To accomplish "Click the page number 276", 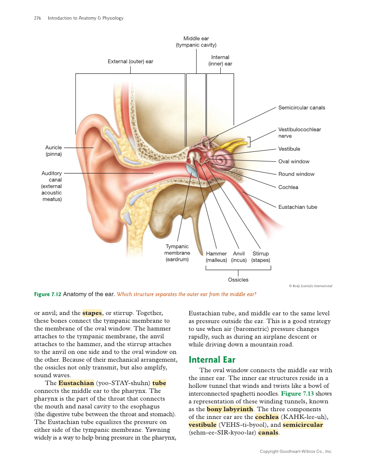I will (38, 18).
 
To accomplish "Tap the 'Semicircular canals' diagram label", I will (301, 107).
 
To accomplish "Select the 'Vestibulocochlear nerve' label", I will (299, 132).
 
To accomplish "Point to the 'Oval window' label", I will (294, 161).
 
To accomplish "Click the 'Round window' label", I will (296, 174).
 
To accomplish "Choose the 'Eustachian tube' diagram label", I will (297, 207).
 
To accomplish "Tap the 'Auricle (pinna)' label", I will (54, 151).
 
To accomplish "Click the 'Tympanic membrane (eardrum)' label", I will (177, 253).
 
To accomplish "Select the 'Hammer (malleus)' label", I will (216, 257).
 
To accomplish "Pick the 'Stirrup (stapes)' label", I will (260, 257).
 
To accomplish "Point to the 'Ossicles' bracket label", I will (238, 280).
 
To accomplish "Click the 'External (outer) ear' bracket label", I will (130, 62).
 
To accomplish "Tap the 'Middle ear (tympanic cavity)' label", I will (196, 42).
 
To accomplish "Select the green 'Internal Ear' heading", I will (212, 359).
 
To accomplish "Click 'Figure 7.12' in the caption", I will (47, 294).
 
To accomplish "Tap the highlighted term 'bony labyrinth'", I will (230, 409).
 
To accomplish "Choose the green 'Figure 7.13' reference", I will (298, 393).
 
